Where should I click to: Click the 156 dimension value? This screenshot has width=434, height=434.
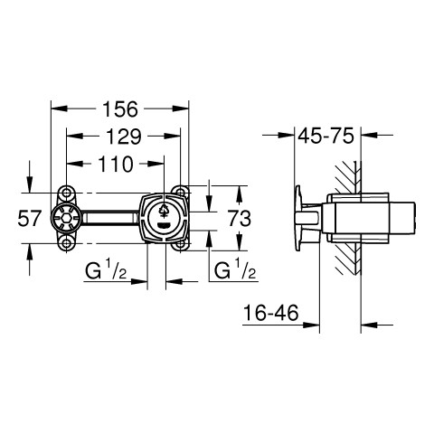pyautogui.click(x=120, y=109)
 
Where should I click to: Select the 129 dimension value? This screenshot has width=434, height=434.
pyautogui.click(x=124, y=137)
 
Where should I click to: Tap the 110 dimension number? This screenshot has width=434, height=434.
pyautogui.click(x=116, y=164)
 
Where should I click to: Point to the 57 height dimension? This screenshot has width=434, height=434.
pyautogui.click(x=29, y=218)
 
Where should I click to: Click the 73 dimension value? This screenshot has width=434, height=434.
pyautogui.click(x=240, y=218)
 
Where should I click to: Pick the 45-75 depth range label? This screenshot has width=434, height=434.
pyautogui.click(x=325, y=136)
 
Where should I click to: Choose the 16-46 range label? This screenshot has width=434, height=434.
pyautogui.click(x=270, y=313)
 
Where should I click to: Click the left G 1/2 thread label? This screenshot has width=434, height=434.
pyautogui.click(x=106, y=270)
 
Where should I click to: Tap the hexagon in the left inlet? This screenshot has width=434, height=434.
pyautogui.click(x=66, y=218)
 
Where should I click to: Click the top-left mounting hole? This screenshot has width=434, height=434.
pyautogui.click(x=67, y=192)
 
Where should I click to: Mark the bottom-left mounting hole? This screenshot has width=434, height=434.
pyautogui.click(x=67, y=243)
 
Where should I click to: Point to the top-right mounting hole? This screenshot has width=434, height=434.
pyautogui.click(x=180, y=192)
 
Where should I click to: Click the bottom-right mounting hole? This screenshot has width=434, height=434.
pyautogui.click(x=180, y=244)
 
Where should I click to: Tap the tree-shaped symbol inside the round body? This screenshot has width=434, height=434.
pyautogui.click(x=164, y=211)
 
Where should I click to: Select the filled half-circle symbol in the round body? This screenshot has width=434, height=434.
pyautogui.click(x=164, y=225)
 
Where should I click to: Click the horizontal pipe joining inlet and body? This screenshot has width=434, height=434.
pyautogui.click(x=110, y=218)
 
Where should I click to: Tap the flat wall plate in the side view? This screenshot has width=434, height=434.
pyautogui.click(x=298, y=218)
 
